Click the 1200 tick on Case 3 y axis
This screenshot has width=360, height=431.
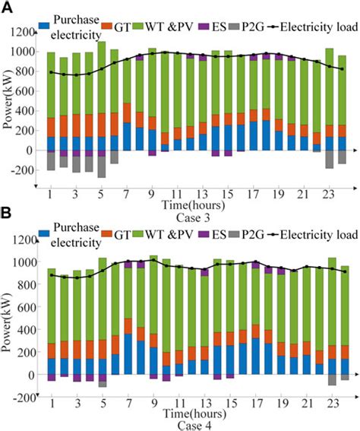(23, 33)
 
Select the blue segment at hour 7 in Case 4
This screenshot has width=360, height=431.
(127, 354)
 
